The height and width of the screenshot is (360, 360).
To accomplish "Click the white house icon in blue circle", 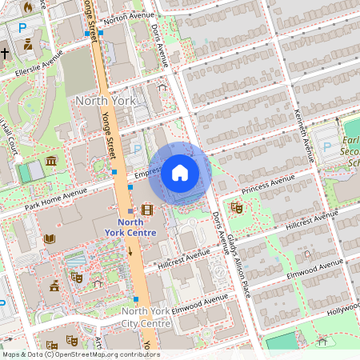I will pyautogui.click(x=179, y=173).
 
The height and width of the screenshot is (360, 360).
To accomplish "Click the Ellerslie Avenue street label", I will pyautogui.click(x=33, y=66).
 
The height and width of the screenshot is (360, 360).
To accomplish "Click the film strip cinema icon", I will pyautogui.click(x=146, y=210).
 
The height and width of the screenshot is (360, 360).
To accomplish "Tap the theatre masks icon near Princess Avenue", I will pyautogui.click(x=236, y=208).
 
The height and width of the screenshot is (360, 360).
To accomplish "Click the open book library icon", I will pyautogui.click(x=50, y=238).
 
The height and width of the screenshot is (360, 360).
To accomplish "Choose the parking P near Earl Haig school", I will pyautogui.click(x=326, y=146).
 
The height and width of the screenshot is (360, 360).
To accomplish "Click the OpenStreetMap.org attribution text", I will pyautogui.click(x=100, y=354).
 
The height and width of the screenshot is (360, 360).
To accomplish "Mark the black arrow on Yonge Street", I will pyautogui.click(x=130, y=251).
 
